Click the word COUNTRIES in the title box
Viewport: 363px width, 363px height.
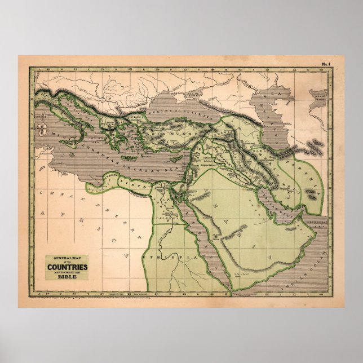(x=67, y=267)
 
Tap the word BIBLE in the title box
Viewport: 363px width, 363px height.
(x=67, y=277)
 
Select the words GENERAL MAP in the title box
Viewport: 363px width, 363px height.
(x=67, y=257)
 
